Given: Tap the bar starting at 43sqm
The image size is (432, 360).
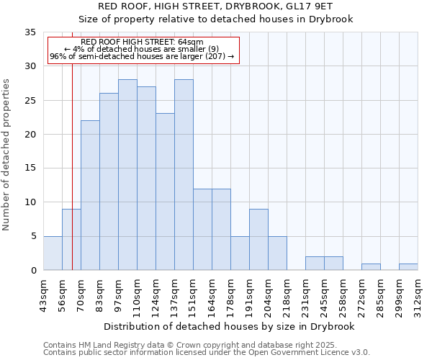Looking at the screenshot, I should pos(53,253).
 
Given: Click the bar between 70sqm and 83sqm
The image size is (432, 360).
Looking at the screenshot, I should pos(90,195).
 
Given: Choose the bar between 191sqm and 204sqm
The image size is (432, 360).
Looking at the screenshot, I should pos(258,240).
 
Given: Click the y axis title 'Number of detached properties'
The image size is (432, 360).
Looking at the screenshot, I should pos(7,155).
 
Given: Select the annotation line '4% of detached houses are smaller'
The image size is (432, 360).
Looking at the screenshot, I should pos(143,49).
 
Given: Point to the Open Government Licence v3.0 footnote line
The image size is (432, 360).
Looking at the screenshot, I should pos(207,353).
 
